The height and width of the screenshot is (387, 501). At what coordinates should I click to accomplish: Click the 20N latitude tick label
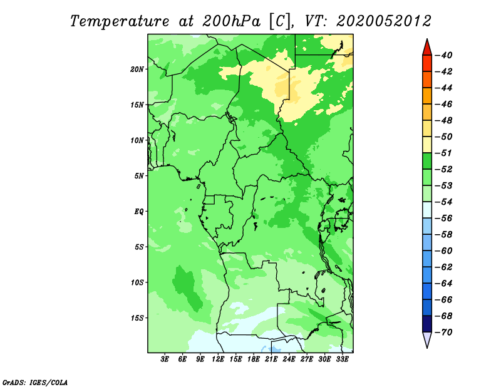(137, 69)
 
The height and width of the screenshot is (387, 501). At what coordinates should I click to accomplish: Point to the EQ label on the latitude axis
(138, 211)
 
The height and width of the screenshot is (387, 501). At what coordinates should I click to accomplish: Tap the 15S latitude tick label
(137, 318)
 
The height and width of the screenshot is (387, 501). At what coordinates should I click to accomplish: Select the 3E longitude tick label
(165, 359)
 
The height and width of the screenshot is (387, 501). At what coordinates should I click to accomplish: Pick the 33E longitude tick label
(342, 359)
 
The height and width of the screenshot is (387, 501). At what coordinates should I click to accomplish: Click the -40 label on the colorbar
(443, 55)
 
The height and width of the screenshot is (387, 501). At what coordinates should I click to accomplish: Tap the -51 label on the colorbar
(443, 153)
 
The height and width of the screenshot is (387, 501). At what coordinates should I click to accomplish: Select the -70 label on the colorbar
(443, 333)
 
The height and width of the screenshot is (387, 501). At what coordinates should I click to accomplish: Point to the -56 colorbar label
(443, 219)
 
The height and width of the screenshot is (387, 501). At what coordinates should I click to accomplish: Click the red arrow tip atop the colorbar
(427, 39)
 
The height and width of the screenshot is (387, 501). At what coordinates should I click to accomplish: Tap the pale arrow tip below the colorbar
(427, 347)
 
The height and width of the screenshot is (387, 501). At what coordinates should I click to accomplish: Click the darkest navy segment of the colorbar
(427, 324)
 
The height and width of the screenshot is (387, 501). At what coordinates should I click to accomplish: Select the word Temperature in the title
(120, 21)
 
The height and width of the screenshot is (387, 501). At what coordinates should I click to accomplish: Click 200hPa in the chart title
(231, 21)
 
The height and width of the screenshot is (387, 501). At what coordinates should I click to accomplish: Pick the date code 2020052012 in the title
(384, 21)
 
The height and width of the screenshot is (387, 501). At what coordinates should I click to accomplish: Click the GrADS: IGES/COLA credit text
(35, 382)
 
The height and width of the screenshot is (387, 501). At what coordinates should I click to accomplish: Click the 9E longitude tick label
(200, 359)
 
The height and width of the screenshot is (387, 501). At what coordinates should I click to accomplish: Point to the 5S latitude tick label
(139, 247)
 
